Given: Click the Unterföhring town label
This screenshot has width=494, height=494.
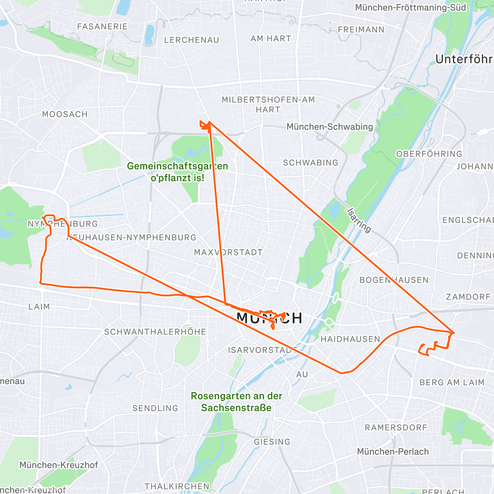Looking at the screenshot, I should tap(464, 59).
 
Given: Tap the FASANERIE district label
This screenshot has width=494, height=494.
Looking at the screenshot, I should tap(102, 26).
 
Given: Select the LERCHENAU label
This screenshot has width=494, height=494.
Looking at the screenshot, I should tap(191, 40).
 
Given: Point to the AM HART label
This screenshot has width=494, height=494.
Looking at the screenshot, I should tap(270, 39).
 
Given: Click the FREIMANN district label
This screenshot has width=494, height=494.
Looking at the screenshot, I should tap(361, 30).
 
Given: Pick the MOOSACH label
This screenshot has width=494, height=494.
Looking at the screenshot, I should tap(65, 114).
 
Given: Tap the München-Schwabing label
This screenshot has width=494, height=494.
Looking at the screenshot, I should tap(329, 127).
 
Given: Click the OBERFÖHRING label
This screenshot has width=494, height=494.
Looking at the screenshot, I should tap(429, 154).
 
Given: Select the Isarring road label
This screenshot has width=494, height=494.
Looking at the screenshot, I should tap(359, 220).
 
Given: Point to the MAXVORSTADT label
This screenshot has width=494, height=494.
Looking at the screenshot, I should tap(228, 252).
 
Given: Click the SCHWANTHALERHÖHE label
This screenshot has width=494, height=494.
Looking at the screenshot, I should tap(155, 332).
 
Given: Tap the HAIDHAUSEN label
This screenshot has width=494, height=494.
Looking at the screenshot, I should tap(350, 339).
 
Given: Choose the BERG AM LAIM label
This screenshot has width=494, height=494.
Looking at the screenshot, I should tap(452, 382).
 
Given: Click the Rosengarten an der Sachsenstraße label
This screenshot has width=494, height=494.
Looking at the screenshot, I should tap(236, 402).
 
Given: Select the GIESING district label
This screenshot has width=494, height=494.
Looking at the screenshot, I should tap(272, 442).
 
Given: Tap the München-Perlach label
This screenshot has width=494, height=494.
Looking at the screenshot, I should tap(393, 452).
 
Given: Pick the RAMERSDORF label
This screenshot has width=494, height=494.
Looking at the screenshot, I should tap(396, 428).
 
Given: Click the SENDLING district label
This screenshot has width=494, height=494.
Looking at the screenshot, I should tap(155, 408).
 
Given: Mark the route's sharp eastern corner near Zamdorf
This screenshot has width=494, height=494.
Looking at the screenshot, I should tap(454, 332).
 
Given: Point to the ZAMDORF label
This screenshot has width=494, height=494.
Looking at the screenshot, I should tap(468, 297).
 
